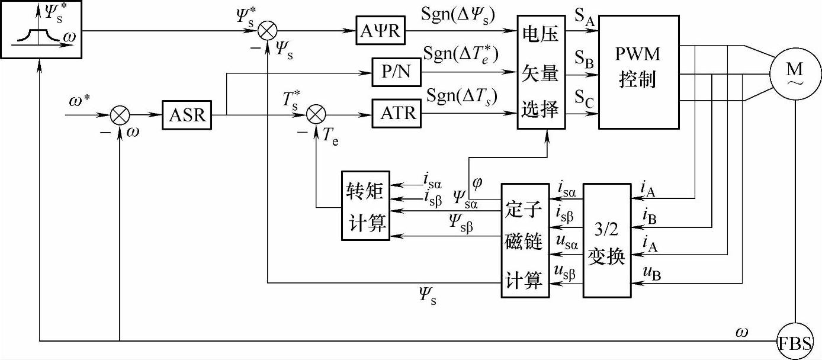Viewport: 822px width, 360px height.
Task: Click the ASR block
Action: tap(187, 115)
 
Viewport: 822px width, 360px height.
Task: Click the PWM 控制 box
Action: tap(638, 72)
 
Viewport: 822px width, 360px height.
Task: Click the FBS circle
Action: tap(795, 342)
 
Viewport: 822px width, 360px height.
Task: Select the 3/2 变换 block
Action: tap(606, 240)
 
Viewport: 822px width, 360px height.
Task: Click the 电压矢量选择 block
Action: tap(541, 72)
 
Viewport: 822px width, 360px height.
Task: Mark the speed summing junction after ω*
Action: tap(120, 115)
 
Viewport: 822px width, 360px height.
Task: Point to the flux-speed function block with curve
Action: tap(40, 29)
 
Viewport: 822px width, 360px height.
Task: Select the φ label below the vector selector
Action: tap(477, 182)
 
